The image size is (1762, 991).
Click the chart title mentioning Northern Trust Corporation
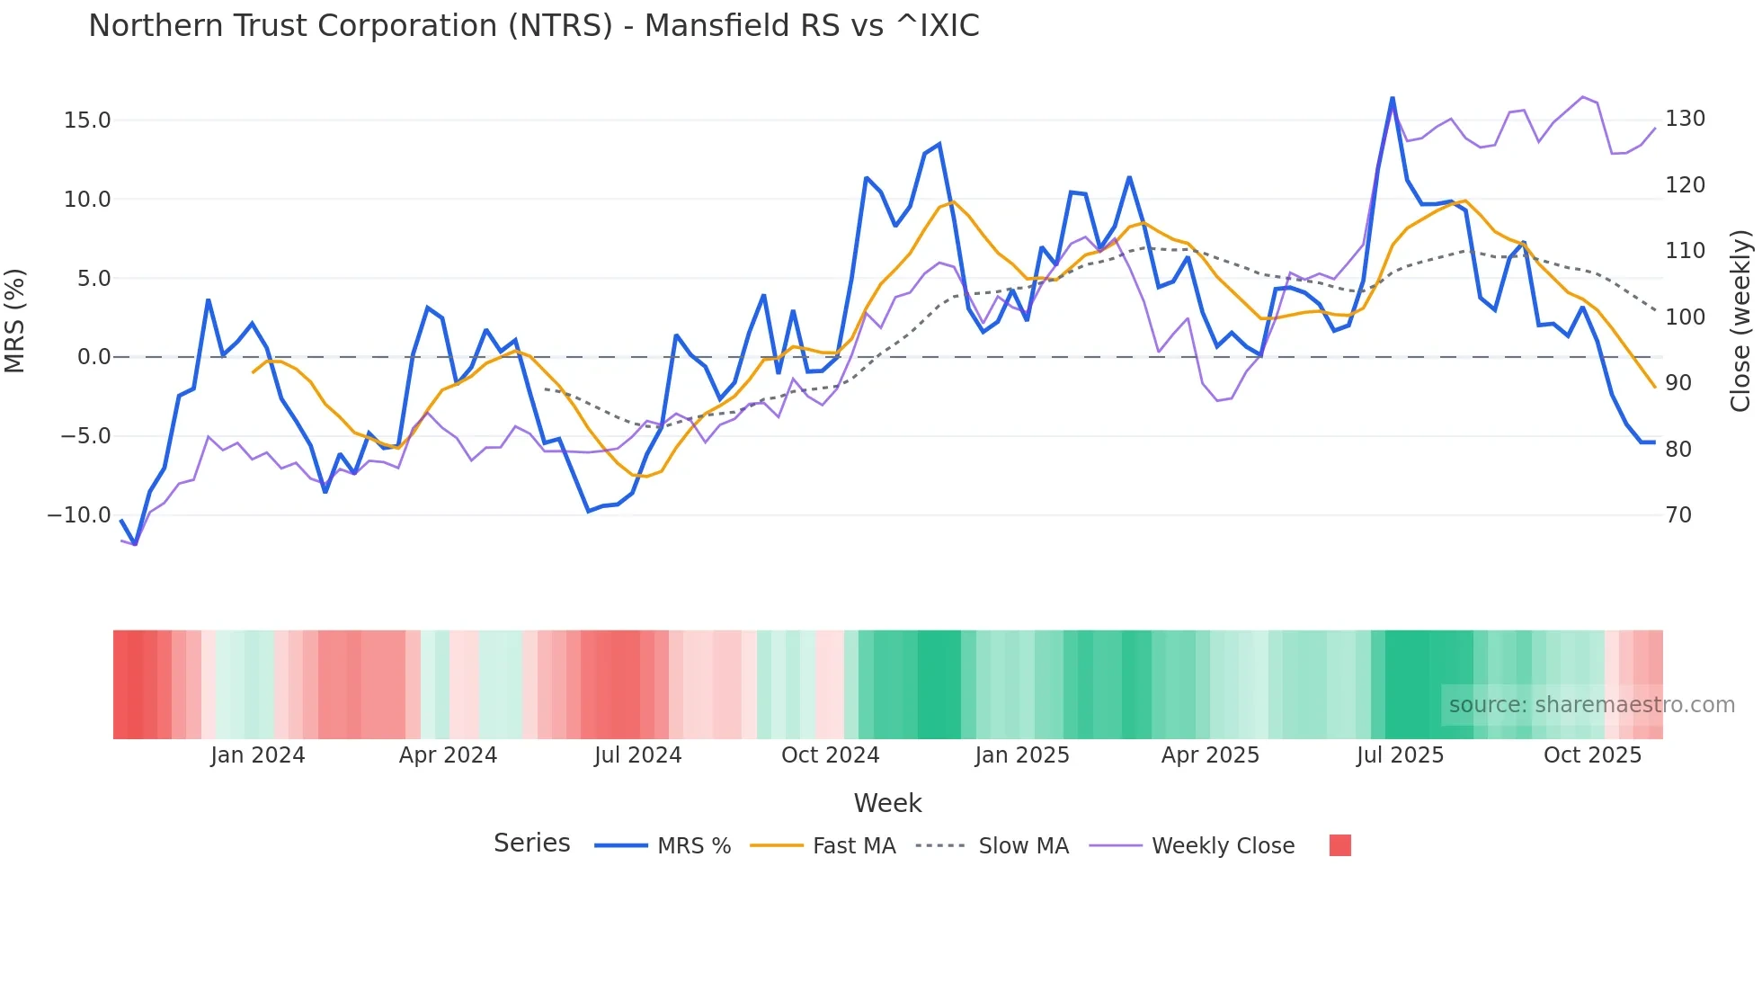pos(533,26)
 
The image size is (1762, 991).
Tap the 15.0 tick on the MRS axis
pos(87,121)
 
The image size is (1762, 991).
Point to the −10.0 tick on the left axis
pos(79,515)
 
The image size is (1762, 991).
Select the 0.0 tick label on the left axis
pos(93,357)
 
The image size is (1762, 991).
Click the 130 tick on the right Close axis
pos(1685,119)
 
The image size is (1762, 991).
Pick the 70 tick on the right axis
pos(1678,515)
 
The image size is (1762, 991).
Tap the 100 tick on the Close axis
pos(1685,317)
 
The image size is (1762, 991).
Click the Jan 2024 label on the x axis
pos(258,755)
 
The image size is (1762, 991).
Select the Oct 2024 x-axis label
pos(830,755)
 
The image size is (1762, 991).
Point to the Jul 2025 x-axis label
pos(1400,755)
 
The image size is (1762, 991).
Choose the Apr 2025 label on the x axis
pos(1210,755)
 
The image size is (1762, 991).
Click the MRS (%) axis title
pos(15,320)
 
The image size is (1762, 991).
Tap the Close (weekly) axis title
pos(1741,320)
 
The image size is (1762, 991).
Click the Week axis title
pos(887,803)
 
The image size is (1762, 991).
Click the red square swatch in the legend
pos(1339,845)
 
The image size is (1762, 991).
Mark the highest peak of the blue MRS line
pos(1393,98)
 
